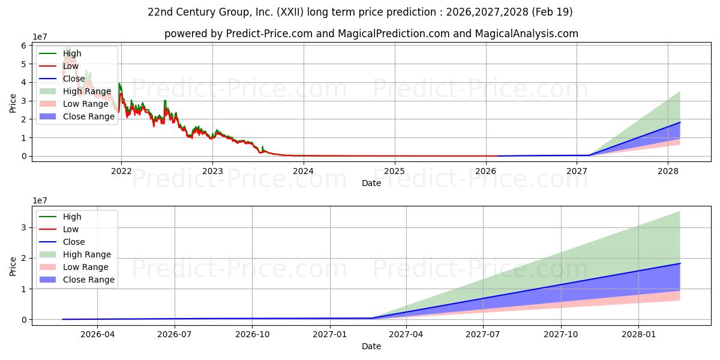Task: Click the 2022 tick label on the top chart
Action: pos(121,170)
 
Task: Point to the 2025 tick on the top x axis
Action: pos(395,170)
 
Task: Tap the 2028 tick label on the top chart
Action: pos(668,170)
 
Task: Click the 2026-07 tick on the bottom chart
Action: pos(175,334)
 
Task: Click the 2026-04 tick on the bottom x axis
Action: pos(97,334)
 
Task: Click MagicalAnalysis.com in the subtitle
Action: pos(526,34)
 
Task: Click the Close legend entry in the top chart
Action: pos(73,79)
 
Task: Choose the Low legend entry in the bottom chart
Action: pos(71,229)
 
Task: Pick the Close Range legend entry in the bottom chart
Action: pos(88,280)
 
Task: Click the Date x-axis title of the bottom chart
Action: pos(371,347)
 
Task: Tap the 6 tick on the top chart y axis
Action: pos(24,46)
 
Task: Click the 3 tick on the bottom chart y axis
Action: pos(24,227)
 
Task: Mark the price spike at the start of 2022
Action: pos(119,84)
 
